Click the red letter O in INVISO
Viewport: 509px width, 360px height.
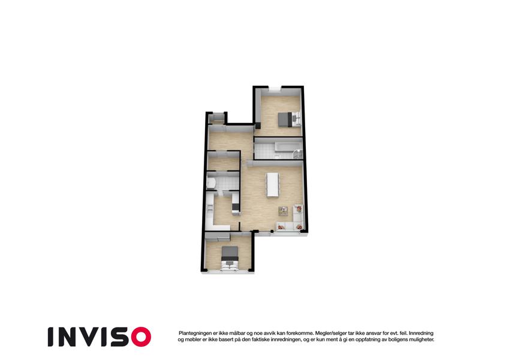(x=141, y=337)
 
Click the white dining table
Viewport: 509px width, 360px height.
(x=273, y=184)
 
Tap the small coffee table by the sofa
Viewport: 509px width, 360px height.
(x=283, y=211)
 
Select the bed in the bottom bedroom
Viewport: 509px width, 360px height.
(x=230, y=257)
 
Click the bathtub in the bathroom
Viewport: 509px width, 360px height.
(x=287, y=146)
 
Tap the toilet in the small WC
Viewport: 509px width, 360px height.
(x=210, y=183)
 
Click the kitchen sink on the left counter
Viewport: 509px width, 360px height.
(x=209, y=206)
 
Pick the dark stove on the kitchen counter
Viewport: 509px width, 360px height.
(x=235, y=206)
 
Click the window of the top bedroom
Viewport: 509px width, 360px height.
(x=275, y=89)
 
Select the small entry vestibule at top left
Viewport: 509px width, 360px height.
(x=216, y=118)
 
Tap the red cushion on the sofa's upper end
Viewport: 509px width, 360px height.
(x=299, y=209)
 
